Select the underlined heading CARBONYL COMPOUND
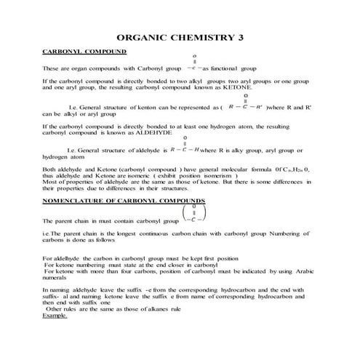[x=84, y=53]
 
